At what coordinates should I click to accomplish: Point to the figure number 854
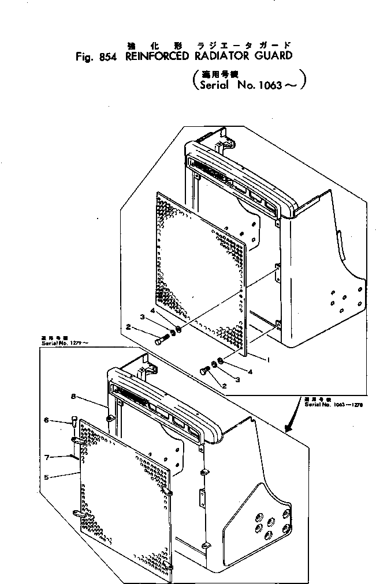coord(105,56)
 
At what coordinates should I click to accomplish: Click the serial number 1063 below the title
coord(270,85)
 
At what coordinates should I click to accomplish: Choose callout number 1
coord(268,359)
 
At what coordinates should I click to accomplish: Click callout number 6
coord(46,420)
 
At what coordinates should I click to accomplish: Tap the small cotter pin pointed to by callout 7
coord(73,455)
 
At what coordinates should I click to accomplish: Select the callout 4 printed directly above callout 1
coord(250,372)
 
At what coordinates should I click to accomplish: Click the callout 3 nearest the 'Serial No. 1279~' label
coord(140,316)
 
